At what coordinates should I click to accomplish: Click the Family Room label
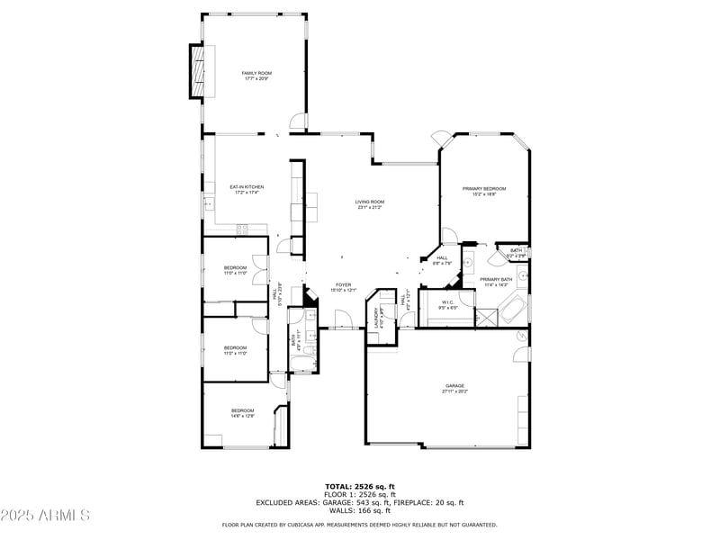point(256,73)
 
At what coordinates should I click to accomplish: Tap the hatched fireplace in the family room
point(196,70)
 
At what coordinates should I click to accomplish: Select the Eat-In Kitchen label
point(247,187)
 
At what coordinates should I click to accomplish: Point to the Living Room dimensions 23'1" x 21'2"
point(370,208)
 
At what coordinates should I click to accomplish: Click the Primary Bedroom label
point(484,189)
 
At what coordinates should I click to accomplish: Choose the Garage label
point(454,386)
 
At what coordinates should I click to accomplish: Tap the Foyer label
point(344,284)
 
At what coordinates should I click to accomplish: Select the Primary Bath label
point(496,279)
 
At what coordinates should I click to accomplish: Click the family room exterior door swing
point(297,121)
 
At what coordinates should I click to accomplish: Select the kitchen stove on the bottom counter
point(242,229)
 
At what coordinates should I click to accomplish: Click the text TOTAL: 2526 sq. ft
point(360,486)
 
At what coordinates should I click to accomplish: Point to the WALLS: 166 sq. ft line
point(360,510)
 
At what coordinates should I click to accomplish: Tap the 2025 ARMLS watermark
point(45,516)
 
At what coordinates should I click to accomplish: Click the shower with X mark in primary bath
point(486,317)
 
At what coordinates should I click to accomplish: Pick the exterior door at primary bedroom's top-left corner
point(442,138)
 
